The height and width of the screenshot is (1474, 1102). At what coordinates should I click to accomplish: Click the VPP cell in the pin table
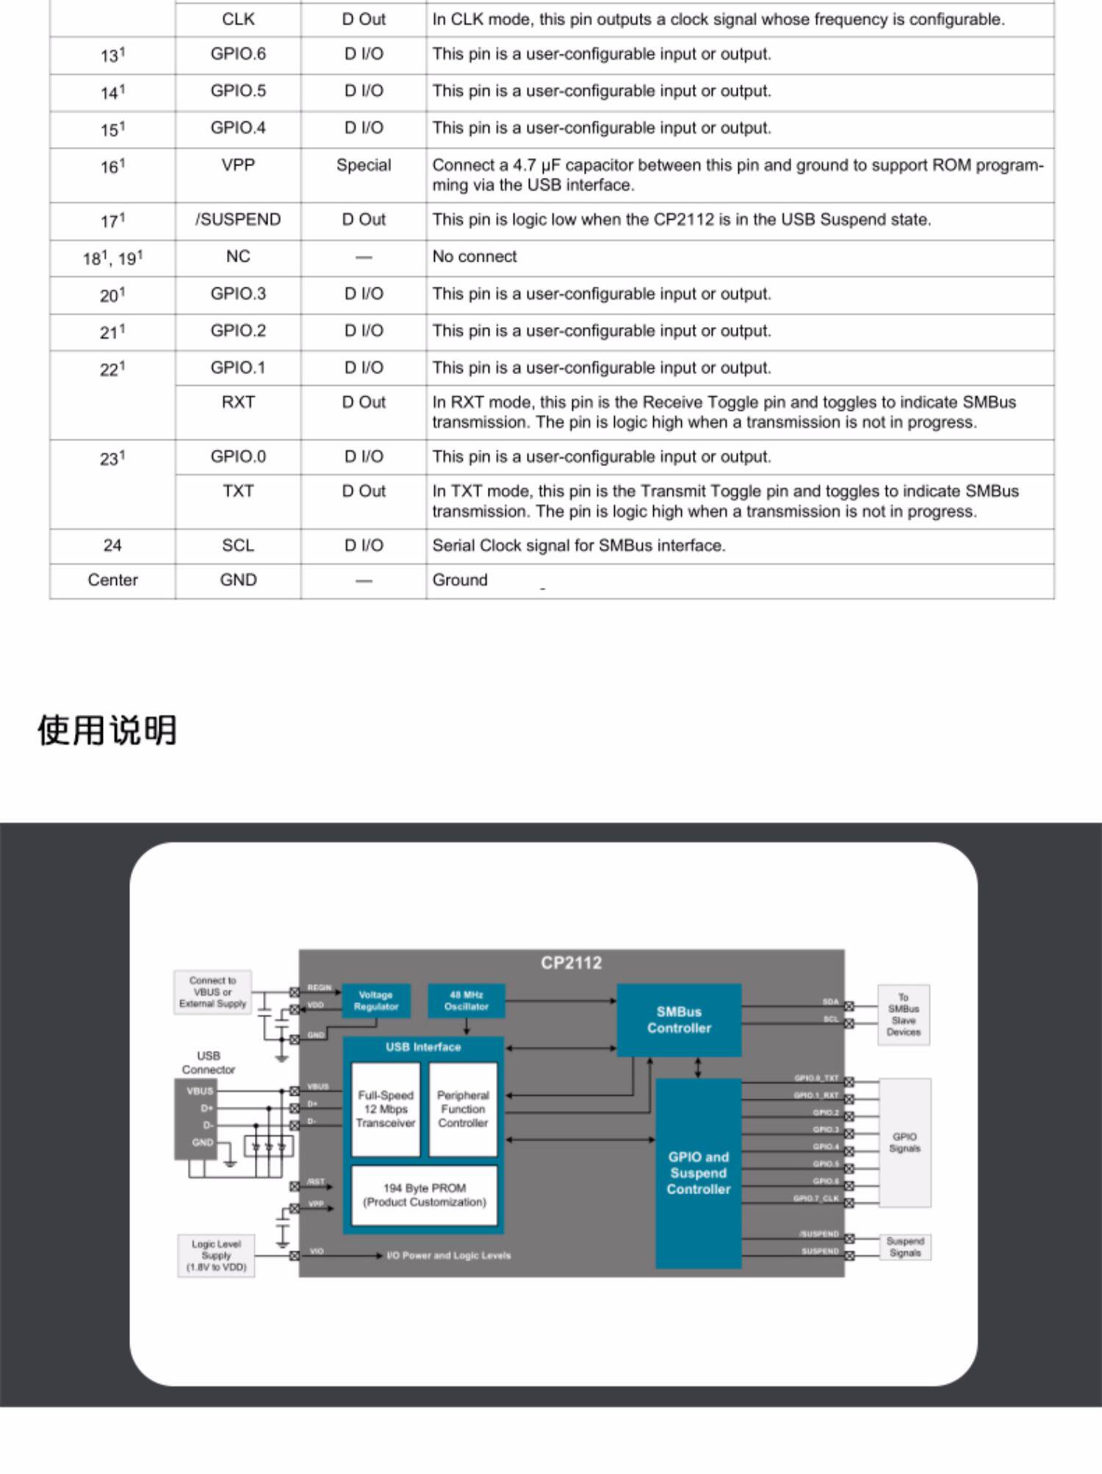coord(238,165)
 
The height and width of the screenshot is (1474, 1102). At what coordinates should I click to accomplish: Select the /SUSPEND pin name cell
coord(238,220)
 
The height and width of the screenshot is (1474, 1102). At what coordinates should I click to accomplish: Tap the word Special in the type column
coord(364,165)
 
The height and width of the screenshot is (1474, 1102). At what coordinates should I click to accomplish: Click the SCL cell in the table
coord(238,545)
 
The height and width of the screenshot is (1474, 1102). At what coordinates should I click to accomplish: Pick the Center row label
coord(112,580)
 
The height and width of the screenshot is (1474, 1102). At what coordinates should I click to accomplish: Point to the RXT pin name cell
coord(238,403)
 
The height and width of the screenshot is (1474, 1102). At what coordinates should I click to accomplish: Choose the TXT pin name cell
coord(238,491)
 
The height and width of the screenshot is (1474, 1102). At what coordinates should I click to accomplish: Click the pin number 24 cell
coord(112,545)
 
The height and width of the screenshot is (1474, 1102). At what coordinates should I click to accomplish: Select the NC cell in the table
coord(238,256)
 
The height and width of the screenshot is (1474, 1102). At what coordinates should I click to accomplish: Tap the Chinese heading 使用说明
coord(107,730)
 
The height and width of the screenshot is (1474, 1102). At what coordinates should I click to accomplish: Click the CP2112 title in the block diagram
coord(571,963)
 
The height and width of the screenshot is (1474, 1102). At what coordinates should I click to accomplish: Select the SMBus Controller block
coord(679,1020)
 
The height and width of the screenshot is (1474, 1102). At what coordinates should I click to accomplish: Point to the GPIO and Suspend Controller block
coord(698,1173)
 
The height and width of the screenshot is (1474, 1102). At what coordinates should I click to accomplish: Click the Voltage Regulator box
coord(375,1001)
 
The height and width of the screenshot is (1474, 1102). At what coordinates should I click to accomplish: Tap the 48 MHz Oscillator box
coord(466,1001)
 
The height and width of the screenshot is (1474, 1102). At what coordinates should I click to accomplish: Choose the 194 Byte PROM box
coord(424,1195)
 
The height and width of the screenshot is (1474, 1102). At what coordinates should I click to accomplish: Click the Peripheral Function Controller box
coord(463,1109)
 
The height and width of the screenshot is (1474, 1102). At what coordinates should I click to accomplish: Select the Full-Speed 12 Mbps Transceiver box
coord(386,1109)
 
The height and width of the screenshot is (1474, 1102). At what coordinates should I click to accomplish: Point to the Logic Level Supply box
coord(216,1255)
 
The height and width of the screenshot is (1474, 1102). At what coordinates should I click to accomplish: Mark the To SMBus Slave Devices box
coord(903,1015)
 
